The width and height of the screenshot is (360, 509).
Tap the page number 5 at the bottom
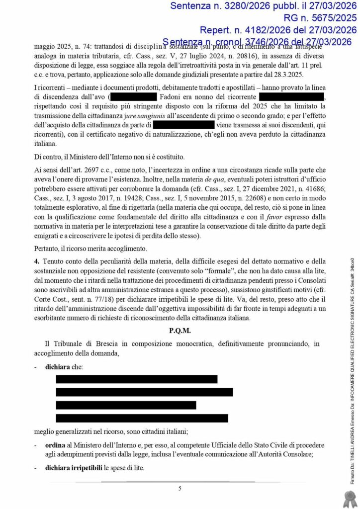[x=180, y=488]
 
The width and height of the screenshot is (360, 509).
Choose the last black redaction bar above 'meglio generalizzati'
[x=142, y=418]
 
